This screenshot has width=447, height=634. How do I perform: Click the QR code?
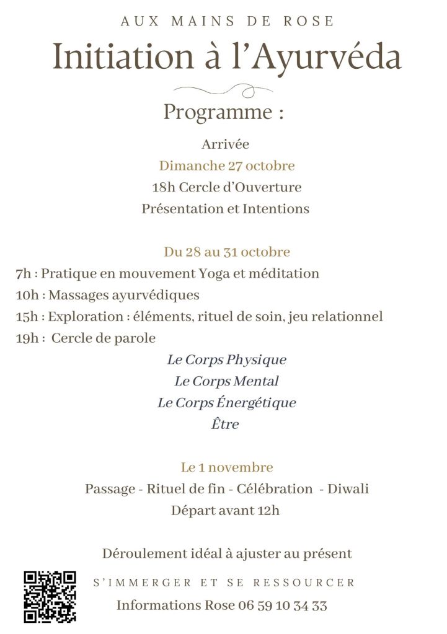click(x=50, y=596)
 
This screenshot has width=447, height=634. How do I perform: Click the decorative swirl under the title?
click(x=225, y=90)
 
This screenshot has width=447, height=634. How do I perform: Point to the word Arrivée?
click(x=225, y=144)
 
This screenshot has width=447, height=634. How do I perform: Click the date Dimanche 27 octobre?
click(x=227, y=166)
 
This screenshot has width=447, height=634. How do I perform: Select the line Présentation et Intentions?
click(x=225, y=209)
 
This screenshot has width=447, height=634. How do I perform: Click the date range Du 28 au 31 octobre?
click(x=227, y=252)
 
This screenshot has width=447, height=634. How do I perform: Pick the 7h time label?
click(x=24, y=273)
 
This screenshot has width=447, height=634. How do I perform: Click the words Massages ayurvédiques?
click(x=124, y=295)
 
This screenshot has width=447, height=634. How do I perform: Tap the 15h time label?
click(x=27, y=317)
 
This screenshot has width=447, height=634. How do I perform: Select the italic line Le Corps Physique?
click(x=227, y=360)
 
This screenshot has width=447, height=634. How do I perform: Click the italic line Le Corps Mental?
click(x=226, y=381)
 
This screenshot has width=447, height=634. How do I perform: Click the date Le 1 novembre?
click(x=227, y=467)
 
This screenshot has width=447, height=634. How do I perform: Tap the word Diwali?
click(x=348, y=489)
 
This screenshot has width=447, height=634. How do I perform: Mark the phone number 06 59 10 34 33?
click(x=283, y=605)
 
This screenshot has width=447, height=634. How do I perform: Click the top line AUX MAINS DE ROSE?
click(x=227, y=21)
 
